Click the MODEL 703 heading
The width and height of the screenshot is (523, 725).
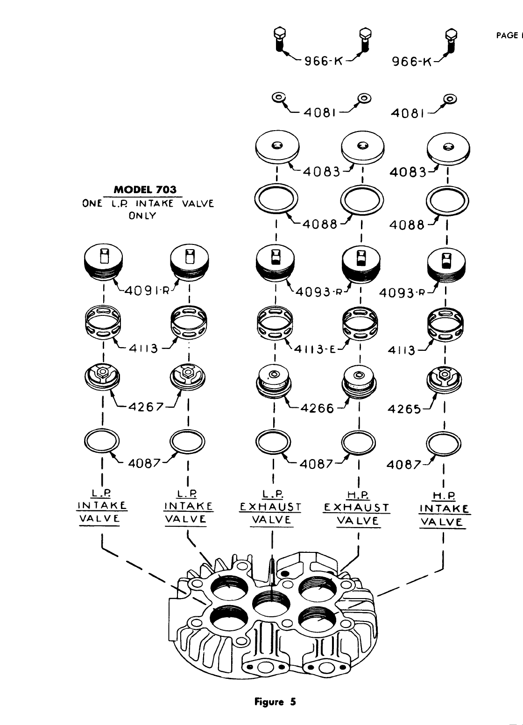(146, 189)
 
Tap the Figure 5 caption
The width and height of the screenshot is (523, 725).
(275, 702)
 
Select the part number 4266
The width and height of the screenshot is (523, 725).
(317, 408)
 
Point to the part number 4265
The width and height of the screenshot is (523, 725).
(405, 409)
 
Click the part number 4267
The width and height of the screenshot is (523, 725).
(146, 406)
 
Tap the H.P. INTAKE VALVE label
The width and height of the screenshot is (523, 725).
(444, 509)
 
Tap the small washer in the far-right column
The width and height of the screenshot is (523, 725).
(450, 98)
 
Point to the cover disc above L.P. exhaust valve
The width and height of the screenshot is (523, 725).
(278, 147)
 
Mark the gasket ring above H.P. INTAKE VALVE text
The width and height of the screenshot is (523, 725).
(443, 442)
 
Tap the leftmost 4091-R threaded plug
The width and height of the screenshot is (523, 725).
(104, 262)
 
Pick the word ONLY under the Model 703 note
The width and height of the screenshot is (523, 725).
(143, 216)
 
